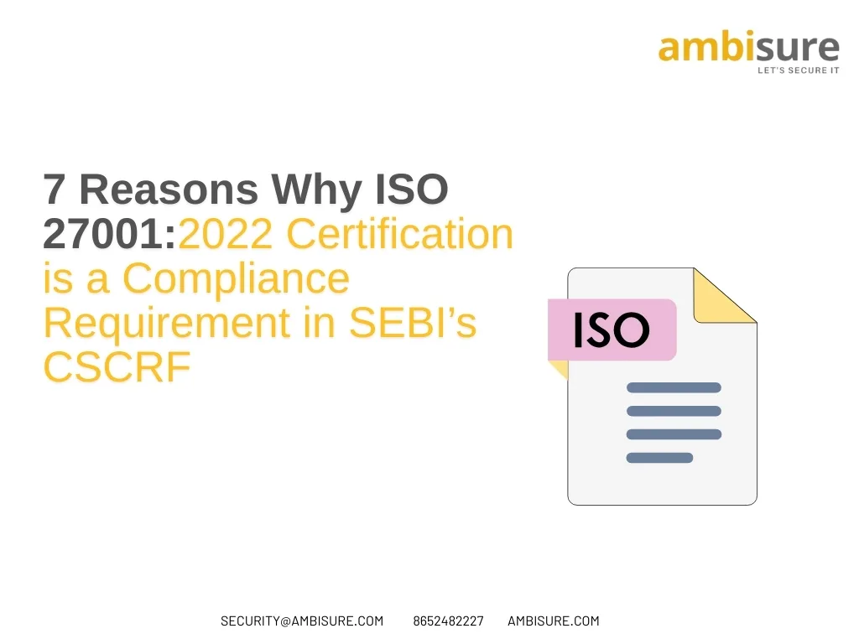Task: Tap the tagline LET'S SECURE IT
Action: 798,70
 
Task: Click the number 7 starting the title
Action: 54,190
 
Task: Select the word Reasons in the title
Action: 168,190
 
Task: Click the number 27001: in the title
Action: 110,236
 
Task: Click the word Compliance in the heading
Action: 235,279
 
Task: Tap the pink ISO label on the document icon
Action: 612,330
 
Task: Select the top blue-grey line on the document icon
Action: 674,387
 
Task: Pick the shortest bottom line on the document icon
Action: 659,458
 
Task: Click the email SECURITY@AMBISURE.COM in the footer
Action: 302,621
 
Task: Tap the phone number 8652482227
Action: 448,621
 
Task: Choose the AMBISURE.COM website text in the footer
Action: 554,621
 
